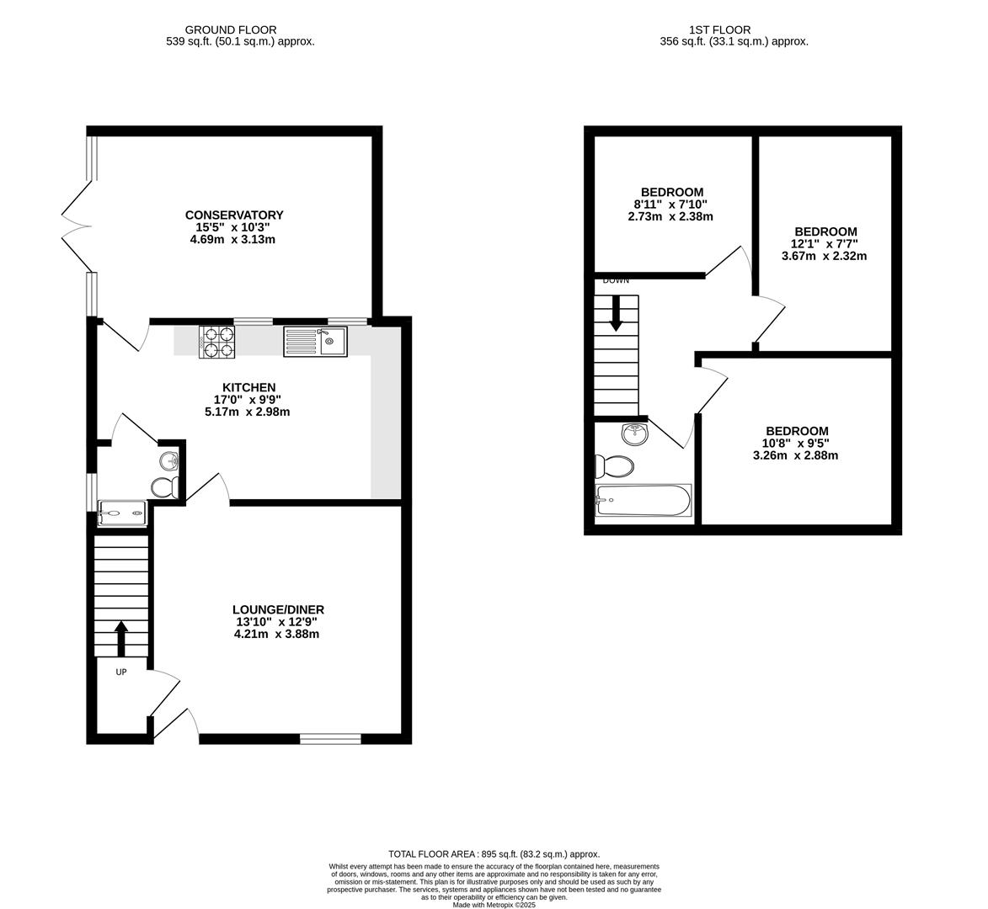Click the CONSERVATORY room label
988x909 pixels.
(234, 215)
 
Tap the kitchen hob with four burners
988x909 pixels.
(216, 343)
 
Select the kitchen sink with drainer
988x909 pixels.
(315, 342)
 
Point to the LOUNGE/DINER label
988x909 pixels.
(279, 610)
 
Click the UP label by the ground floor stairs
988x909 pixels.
(121, 672)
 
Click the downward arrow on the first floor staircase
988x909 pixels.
(617, 313)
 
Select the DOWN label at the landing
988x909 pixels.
(616, 281)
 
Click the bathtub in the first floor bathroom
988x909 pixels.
(644, 501)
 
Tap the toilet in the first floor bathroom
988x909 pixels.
(615, 466)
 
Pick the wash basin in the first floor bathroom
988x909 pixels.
(634, 434)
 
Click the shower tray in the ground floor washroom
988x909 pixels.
(123, 513)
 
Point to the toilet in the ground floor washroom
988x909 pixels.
(166, 486)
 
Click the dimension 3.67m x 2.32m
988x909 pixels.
(824, 256)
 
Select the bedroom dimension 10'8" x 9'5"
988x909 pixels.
(796, 444)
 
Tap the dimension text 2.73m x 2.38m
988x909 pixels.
(670, 216)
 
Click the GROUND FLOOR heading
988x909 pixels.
(231, 29)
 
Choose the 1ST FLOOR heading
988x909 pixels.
(719, 29)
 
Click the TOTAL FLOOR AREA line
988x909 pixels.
(494, 854)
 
